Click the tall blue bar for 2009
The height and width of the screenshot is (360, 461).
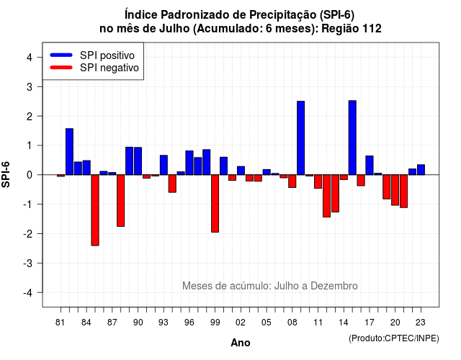coord(300,138)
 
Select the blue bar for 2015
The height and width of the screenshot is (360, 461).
coord(352,138)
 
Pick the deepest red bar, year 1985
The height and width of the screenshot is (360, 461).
coord(95,210)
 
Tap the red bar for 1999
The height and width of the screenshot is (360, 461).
coord(215,203)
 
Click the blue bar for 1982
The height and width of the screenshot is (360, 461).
coord(69,152)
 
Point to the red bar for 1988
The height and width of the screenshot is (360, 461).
coord(120,200)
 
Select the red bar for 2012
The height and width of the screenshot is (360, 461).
coord(326,196)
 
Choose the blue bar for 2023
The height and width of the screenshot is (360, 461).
coord(421,170)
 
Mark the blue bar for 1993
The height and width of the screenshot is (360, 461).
coord(164,165)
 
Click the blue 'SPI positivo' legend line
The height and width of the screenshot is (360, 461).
coord(61,55)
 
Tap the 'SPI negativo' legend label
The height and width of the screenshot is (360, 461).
coord(109,68)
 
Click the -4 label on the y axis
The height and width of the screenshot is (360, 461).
coord(28,293)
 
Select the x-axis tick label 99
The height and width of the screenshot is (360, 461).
coord(215,323)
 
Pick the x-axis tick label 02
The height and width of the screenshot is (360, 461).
coord(241,323)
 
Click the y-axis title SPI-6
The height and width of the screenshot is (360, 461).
coord(6,174)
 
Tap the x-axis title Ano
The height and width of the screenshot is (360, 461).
coord(241,343)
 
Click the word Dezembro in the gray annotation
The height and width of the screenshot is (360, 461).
coord(334,286)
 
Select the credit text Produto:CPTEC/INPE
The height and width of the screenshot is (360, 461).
coord(394,338)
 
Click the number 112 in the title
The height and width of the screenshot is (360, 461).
coord(372,29)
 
